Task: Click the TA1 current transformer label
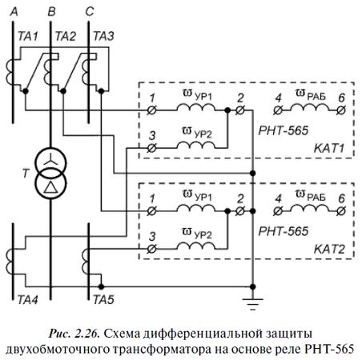tap(28, 37)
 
